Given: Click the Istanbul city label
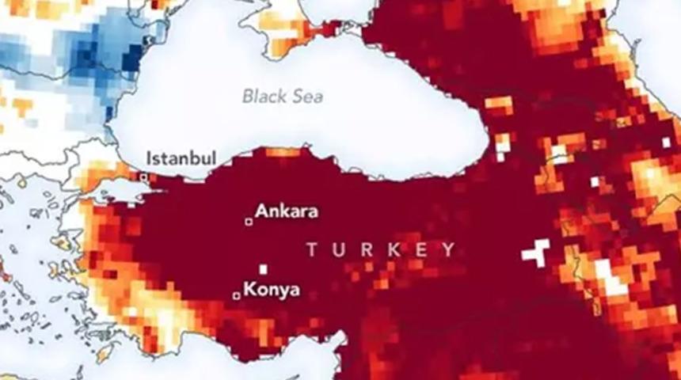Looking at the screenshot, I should tap(181, 158).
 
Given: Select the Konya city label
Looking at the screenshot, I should tap(272, 290).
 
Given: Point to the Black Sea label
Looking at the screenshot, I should tap(283, 97).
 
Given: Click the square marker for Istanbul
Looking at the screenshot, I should tap(144, 177).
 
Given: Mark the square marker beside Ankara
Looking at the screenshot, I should tap(249, 222).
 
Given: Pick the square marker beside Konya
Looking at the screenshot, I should tap(236, 295).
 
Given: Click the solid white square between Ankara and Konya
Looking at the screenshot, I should tap(263, 269).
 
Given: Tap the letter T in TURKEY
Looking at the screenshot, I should tap(311, 250).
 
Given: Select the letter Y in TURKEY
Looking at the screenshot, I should tap(449, 250).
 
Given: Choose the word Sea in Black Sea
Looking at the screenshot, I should tap(309, 97).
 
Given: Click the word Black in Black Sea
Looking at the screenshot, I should tap(267, 97).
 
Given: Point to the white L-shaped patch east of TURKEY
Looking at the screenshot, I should tap(536, 252).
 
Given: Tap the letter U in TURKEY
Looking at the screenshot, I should tap(338, 250).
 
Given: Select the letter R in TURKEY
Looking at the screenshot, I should tap(366, 250).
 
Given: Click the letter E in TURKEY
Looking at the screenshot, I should tap(421, 250).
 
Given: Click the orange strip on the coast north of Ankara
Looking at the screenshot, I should tap(283, 152).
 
